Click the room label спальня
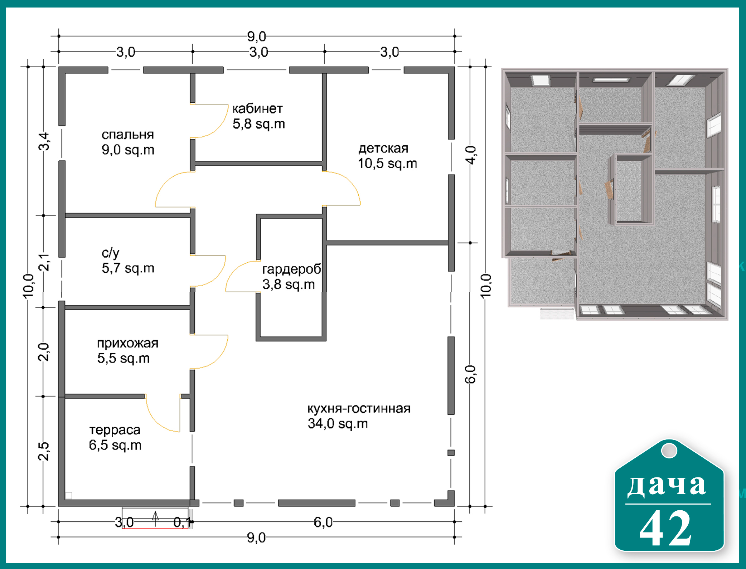click(128, 135)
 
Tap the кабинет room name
click(258, 109)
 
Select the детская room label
click(383, 148)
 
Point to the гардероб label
click(292, 269)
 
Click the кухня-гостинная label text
click(359, 408)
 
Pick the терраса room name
click(115, 430)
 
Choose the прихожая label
click(128, 344)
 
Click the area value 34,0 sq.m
click(338, 424)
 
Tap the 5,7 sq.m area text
click(128, 268)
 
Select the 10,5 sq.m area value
click(388, 164)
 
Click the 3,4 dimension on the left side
click(44, 141)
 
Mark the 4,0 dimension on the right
click(470, 155)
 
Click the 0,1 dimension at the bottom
click(181, 522)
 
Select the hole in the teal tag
click(669, 451)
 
